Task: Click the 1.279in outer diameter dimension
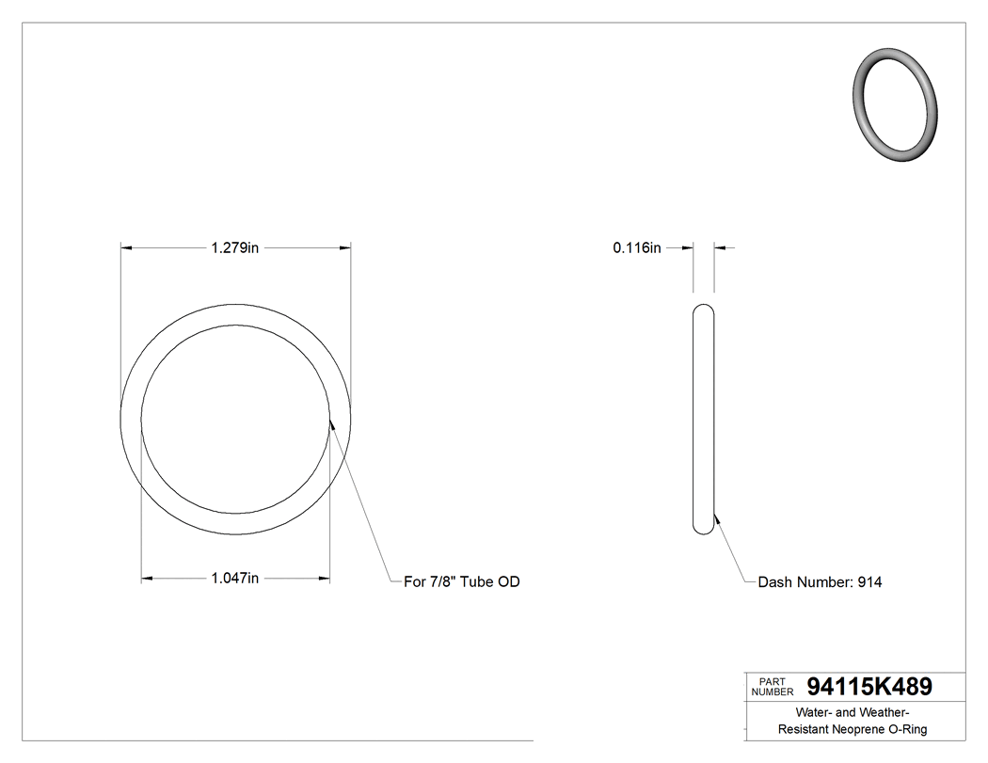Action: pos(234,248)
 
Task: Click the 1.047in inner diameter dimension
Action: pos(234,579)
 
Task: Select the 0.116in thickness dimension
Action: pos(637,248)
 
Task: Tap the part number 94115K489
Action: pos(869,687)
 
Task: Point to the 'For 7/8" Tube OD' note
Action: pos(461,582)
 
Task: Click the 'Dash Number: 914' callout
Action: pos(820,582)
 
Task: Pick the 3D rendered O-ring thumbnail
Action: pos(897,105)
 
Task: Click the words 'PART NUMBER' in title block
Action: pos(773,687)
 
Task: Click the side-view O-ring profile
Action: pos(703,420)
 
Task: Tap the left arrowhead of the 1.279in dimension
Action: pos(127,248)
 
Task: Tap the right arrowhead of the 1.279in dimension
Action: pos(345,248)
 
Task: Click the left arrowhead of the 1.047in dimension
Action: pos(147,579)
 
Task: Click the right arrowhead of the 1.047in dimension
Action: pos(324,579)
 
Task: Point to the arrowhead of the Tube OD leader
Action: pos(331,423)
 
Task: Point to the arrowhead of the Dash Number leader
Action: pos(716,516)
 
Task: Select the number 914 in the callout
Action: pos(869,582)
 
